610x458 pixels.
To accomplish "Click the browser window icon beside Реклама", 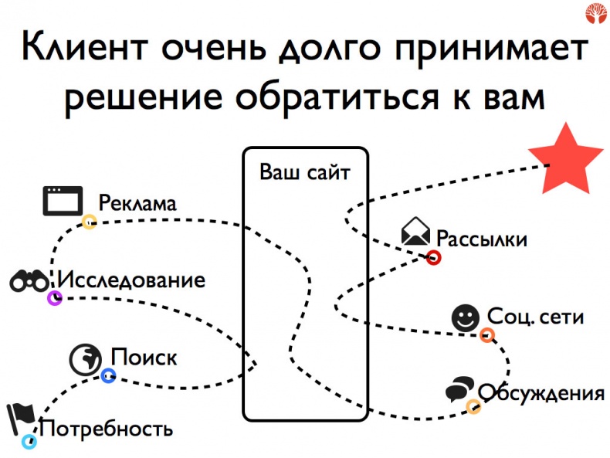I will coord(62,201).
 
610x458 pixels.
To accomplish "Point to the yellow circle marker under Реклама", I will coord(90,222).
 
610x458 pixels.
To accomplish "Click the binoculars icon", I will coord(29,281).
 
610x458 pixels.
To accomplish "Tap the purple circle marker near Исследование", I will coord(54,297).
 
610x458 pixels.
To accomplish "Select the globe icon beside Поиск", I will coord(86,357).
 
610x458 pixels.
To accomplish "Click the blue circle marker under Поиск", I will coord(108,376).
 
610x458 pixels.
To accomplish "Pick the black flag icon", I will coord(19,417).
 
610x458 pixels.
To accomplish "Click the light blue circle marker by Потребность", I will coord(29,442).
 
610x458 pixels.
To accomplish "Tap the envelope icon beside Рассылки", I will coord(415,232).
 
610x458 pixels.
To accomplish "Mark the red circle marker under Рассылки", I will coord(434,258).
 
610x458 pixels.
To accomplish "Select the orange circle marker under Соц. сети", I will coord(487,334).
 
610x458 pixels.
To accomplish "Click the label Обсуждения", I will coord(541,392).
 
